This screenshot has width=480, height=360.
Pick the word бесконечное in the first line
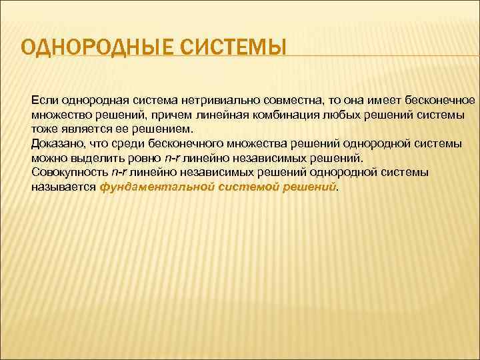tap(441, 100)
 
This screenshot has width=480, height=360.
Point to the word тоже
tap(43, 129)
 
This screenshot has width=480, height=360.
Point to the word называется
tap(63, 188)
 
